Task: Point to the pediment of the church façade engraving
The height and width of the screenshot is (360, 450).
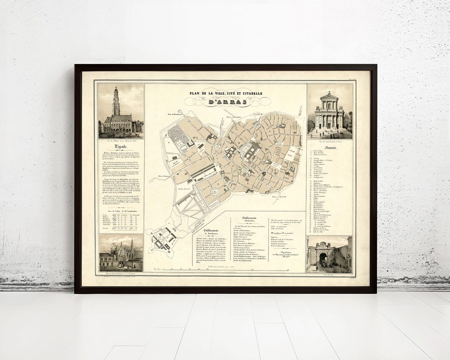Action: click(x=329, y=96)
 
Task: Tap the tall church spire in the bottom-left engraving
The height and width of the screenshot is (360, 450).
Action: click(x=132, y=246)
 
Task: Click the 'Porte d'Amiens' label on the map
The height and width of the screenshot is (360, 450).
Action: click(x=165, y=176)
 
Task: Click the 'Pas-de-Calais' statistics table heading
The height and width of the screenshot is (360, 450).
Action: click(x=120, y=212)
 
